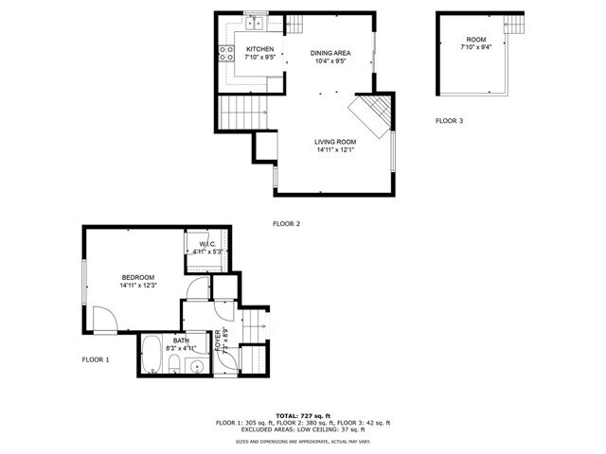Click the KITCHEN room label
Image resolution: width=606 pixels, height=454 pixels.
(259, 49)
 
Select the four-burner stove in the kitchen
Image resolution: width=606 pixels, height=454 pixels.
(226, 54)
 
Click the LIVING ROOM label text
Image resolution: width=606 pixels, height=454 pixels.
(335, 141)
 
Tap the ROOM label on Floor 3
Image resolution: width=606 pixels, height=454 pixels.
(470, 40)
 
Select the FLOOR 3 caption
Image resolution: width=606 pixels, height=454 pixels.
(450, 121)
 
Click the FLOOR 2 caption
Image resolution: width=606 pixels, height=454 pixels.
(286, 224)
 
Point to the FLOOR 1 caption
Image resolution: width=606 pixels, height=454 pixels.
(96, 359)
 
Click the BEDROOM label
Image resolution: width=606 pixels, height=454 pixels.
(137, 276)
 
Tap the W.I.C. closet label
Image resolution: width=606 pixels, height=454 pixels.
(207, 245)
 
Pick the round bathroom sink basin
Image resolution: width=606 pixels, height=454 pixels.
(197, 366)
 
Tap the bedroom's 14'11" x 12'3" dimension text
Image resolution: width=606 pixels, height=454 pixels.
(137, 285)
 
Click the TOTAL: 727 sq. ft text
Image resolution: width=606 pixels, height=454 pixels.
(303, 415)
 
